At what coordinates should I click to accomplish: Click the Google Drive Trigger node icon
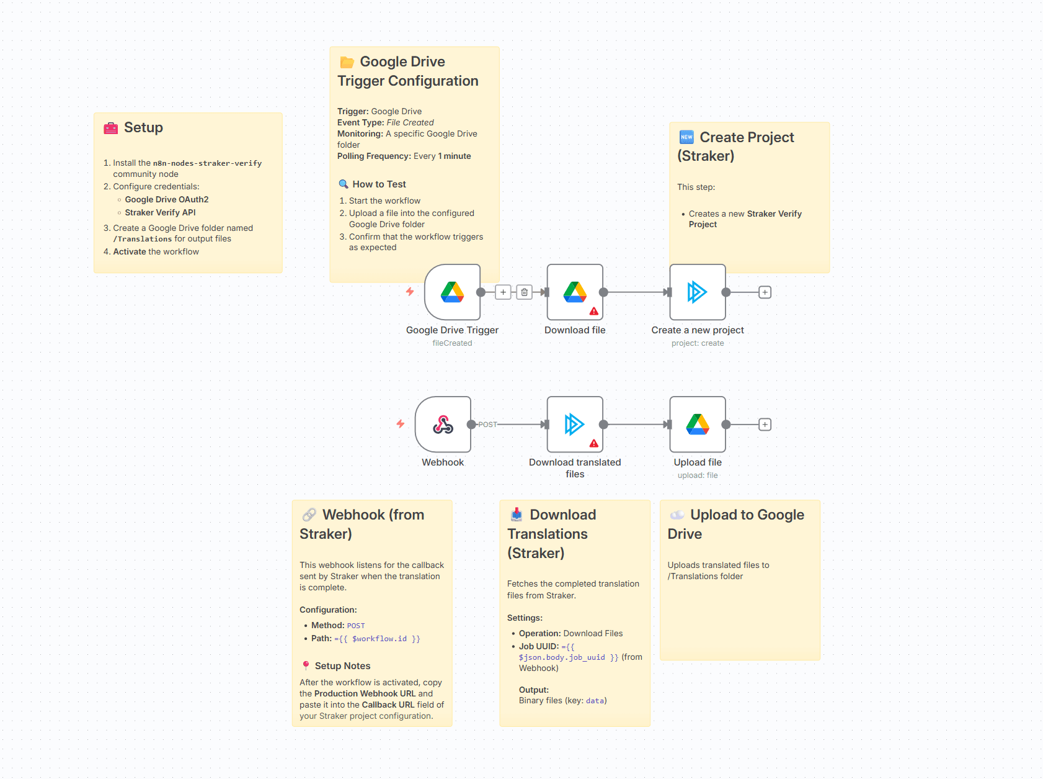[x=452, y=292]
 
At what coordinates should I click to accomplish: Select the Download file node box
[x=575, y=292]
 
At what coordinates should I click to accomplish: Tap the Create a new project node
[x=698, y=292]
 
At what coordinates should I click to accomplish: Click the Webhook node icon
[x=443, y=425]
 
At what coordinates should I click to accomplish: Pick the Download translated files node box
[x=575, y=425]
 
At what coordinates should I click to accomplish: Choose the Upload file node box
[x=698, y=425]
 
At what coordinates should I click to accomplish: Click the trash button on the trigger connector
[x=525, y=292]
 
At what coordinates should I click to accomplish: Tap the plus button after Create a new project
[x=765, y=292]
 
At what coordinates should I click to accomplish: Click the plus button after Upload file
[x=765, y=425]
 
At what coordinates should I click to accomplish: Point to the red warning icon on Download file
[x=594, y=311]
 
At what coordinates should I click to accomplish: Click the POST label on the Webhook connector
[x=488, y=425]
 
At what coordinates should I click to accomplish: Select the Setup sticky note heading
[x=143, y=127]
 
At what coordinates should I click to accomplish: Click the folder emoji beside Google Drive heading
[x=347, y=62]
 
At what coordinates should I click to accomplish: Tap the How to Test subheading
[x=379, y=184]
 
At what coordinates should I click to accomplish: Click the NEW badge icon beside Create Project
[x=686, y=137]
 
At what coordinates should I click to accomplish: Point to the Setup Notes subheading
[x=342, y=666]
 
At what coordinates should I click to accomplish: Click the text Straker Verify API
[x=160, y=212]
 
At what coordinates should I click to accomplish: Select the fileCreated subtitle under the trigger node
[x=452, y=343]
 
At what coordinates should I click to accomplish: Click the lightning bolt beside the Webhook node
[x=401, y=424]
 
